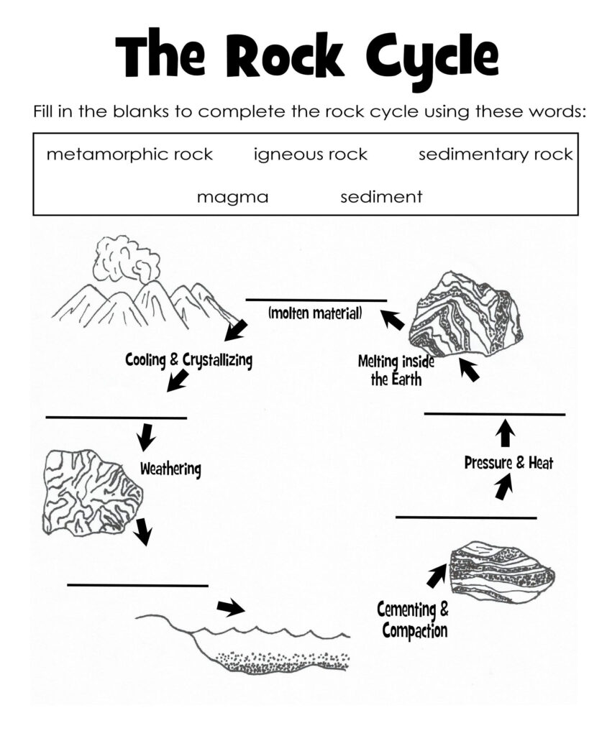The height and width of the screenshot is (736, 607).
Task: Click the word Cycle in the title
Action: coord(417,55)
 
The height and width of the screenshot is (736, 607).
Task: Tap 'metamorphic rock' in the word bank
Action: coord(129,155)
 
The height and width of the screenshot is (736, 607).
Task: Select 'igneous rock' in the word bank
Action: coord(310,155)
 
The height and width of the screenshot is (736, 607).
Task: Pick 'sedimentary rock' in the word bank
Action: coord(496,155)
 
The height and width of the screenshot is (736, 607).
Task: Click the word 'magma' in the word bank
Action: coord(232,197)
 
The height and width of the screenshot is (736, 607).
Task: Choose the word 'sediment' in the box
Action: coord(381,197)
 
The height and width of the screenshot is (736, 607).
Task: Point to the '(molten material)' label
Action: coord(315,313)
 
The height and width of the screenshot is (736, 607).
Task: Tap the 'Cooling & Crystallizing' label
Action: coord(188,359)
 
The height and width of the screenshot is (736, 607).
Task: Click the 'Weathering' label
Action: coord(170,469)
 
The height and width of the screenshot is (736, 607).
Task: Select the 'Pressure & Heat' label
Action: coord(508,463)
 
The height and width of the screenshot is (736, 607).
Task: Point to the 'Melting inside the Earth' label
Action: coord(396,370)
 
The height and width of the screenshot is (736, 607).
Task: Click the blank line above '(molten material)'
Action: coord(316,300)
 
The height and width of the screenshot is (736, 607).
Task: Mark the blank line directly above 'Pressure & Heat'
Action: coord(494,414)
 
